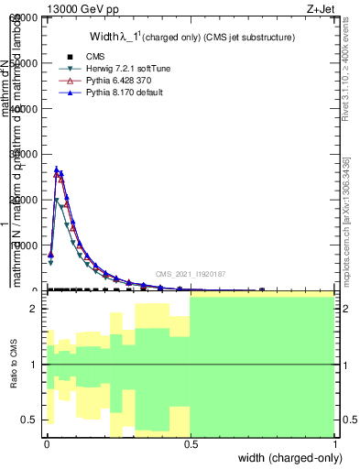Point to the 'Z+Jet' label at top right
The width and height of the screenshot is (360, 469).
point(335,8)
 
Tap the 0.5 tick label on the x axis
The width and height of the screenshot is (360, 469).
point(191,444)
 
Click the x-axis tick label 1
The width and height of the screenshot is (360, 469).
point(337,444)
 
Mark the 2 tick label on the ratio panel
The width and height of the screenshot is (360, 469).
point(34,310)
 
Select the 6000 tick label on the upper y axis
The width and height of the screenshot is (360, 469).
point(24,18)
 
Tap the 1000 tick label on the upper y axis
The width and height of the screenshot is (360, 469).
point(24,245)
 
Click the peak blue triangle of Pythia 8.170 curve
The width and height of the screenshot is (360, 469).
point(57,169)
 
